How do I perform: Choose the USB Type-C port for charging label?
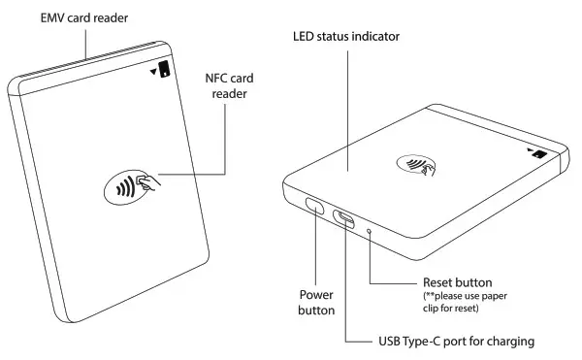click(x=456, y=342)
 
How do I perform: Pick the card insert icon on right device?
click(x=535, y=152)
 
